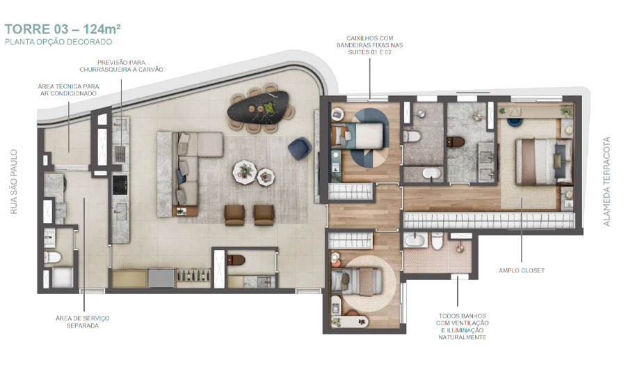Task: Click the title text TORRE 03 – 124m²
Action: point(63,29)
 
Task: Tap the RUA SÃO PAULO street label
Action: point(14,182)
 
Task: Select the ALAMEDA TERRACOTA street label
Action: point(607,182)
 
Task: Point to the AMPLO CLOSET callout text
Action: point(522,270)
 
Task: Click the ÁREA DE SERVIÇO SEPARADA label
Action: point(83,322)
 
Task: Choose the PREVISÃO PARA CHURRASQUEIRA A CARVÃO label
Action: point(121,66)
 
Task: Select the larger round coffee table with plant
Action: point(244,172)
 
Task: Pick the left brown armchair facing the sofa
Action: point(234,215)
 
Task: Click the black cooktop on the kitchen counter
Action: point(120,185)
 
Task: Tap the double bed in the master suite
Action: point(544,162)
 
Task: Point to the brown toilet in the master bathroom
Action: point(456,141)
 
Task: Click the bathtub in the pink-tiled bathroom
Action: point(415,240)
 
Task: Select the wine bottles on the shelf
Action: point(193,275)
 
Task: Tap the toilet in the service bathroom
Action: point(52,257)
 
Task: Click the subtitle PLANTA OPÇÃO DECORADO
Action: point(58,42)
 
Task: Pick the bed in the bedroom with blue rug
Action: point(358,136)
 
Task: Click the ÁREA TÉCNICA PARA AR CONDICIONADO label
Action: point(68,90)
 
